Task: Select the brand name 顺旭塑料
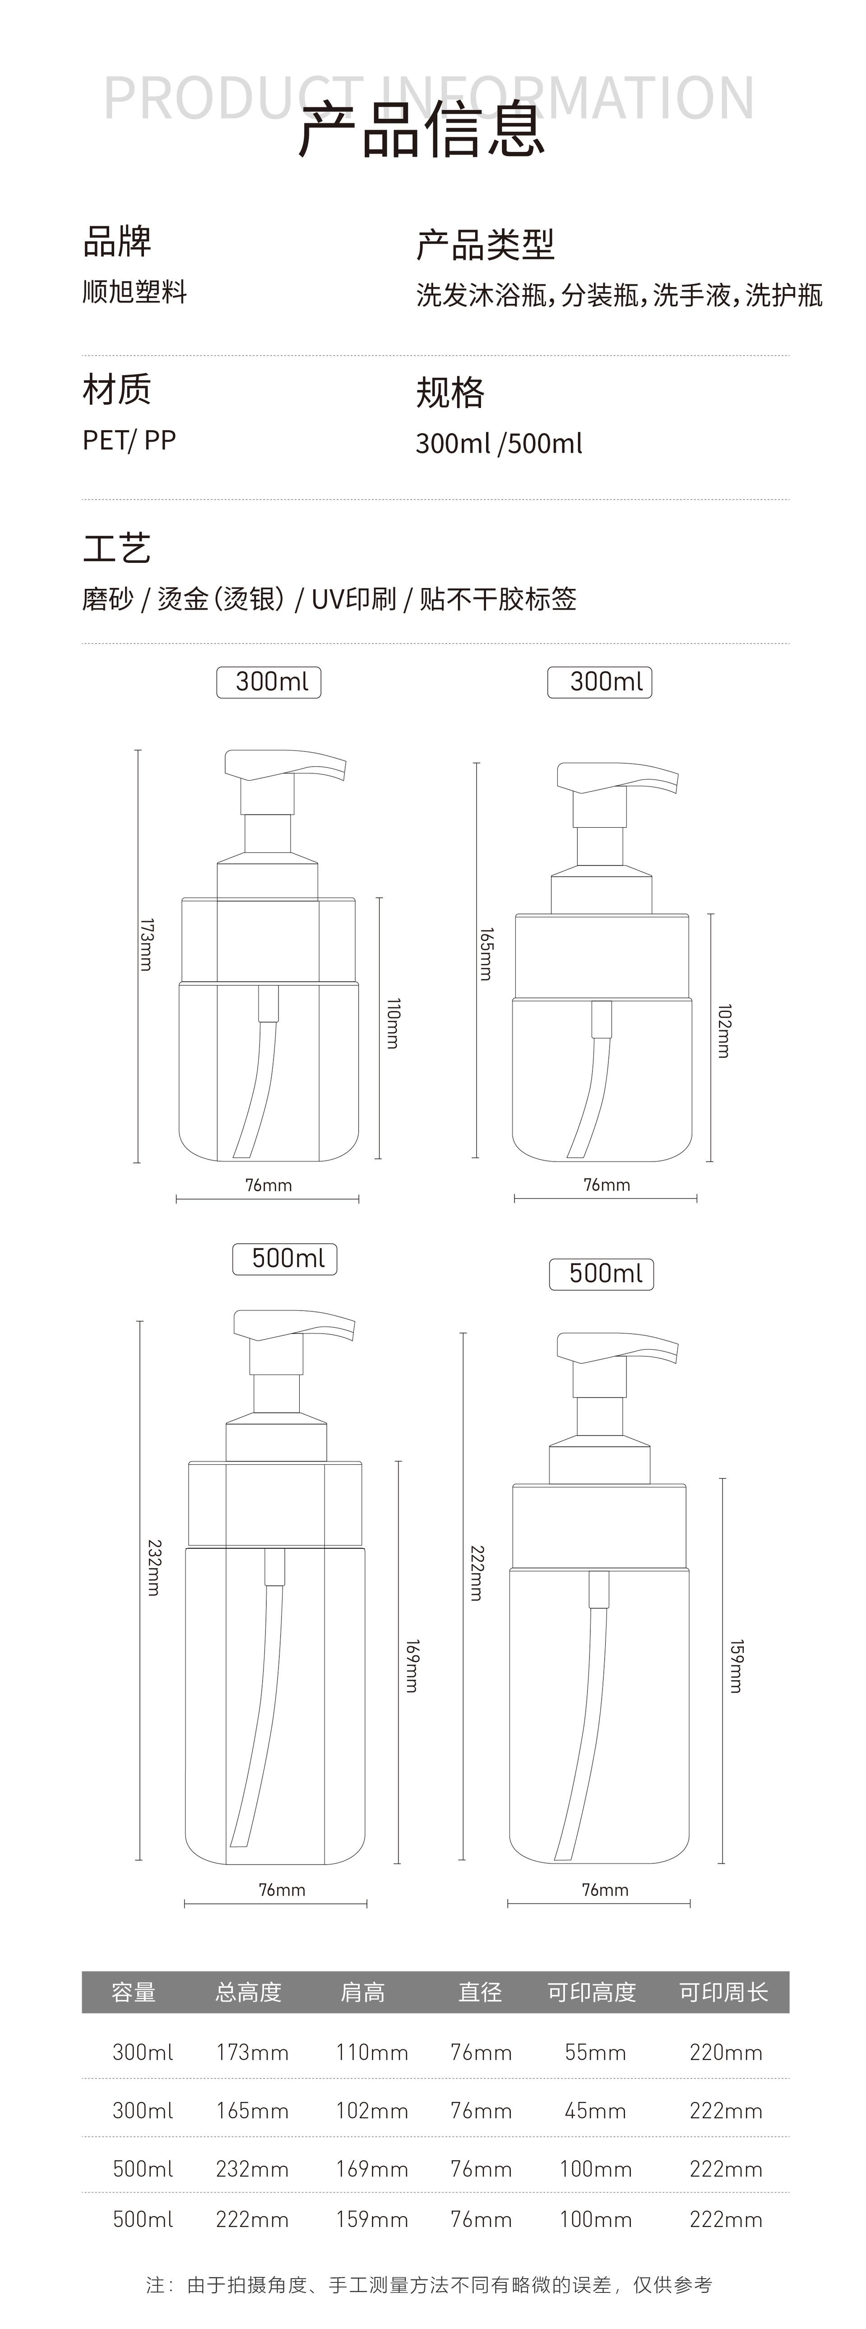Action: (134, 292)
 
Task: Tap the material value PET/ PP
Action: (129, 440)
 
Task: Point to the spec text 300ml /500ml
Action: (499, 443)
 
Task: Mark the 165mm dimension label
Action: (486, 954)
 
